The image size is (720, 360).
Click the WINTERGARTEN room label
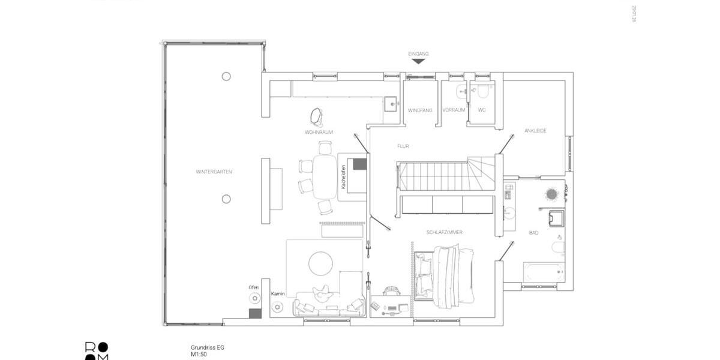coord(214,172)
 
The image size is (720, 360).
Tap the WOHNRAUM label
coord(319,132)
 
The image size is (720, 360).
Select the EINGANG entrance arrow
coord(419,61)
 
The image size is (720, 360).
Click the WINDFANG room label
coord(420,110)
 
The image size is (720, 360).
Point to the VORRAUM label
coord(454,110)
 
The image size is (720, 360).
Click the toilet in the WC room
coord(482,91)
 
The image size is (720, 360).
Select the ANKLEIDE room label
coord(535,131)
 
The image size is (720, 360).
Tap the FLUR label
coord(403,146)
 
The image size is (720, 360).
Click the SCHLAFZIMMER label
coord(444,232)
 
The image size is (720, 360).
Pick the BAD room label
coord(533,232)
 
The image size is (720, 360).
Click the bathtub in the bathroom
coord(544,272)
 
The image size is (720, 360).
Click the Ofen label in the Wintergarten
coord(254,287)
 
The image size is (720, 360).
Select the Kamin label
coord(277,294)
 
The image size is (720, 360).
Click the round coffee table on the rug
coord(321,263)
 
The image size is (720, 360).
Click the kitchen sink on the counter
coord(392,104)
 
